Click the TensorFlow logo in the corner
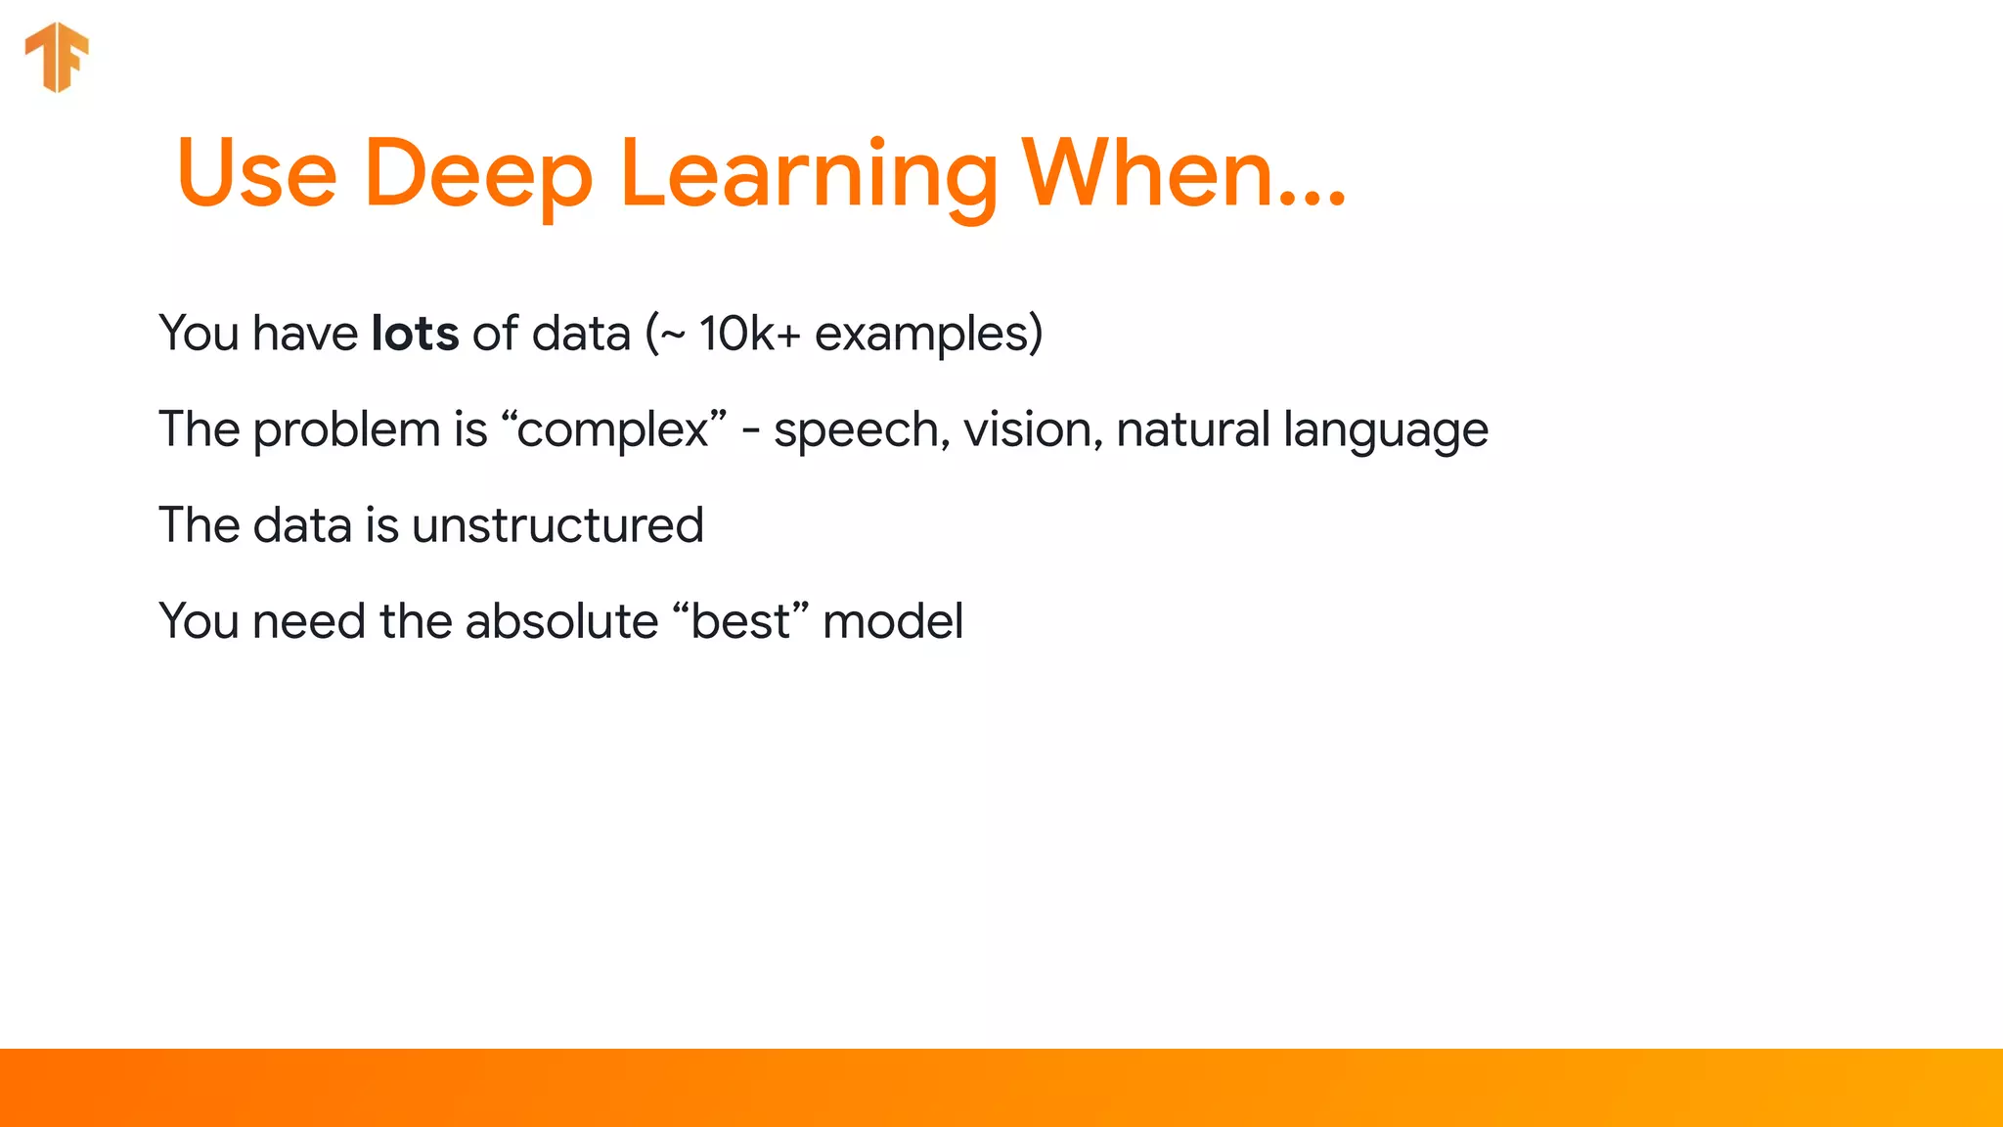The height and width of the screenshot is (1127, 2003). coord(57,57)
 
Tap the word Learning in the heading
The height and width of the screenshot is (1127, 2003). coord(808,174)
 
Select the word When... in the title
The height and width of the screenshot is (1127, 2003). coord(1183,174)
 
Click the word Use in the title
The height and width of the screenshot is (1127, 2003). coord(257,174)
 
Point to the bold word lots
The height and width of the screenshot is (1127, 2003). coord(415,334)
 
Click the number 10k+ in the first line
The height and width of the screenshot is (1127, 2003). coord(749,334)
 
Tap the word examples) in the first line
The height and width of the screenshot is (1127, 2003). coord(928,334)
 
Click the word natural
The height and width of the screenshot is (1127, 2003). coord(1192,429)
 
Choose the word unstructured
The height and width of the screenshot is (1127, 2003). coord(557,525)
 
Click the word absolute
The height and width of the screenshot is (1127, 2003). coord(561,621)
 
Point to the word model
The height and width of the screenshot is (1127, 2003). coord(893,621)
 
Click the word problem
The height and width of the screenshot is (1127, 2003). coord(347,429)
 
